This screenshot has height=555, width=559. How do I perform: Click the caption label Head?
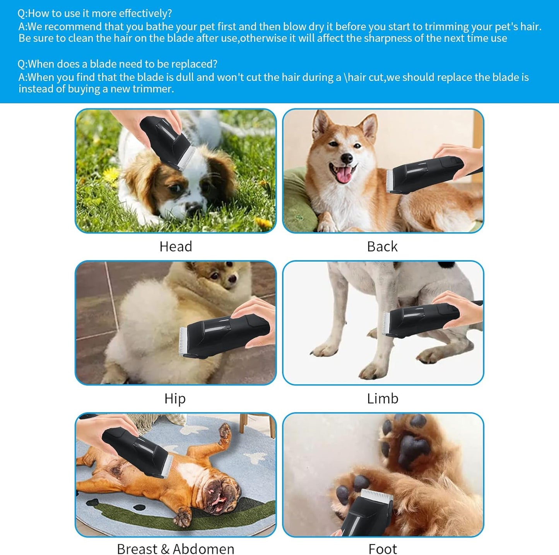point(176,247)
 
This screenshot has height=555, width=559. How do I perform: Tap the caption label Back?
point(382,247)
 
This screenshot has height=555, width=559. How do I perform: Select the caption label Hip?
point(175,398)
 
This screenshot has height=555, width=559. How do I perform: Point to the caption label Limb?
point(383,398)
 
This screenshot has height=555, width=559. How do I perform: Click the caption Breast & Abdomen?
point(176,548)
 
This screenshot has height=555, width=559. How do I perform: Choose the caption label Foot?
point(383,548)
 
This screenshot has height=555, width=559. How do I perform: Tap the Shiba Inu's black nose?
point(347,158)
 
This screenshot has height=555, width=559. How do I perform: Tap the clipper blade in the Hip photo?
point(183,341)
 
